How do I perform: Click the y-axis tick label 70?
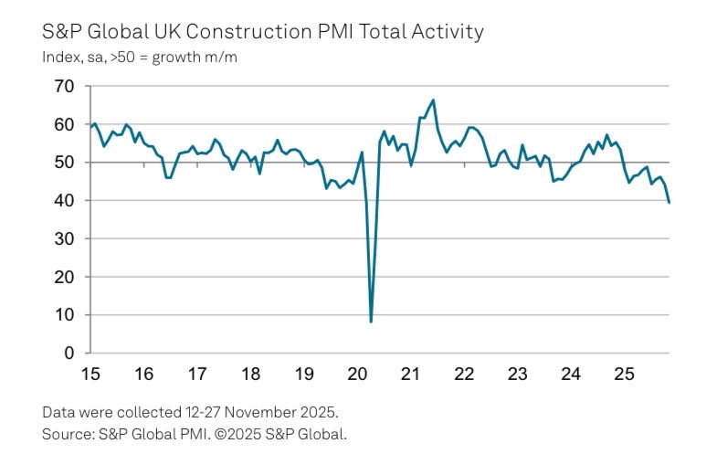point(62,87)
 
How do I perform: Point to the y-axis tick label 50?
point(62,163)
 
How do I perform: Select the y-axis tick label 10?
point(62,315)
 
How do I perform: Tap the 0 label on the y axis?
point(68,353)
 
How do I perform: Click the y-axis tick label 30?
point(62,238)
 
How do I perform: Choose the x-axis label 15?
point(90,374)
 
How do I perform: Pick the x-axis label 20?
point(357,374)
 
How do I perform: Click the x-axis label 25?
point(624,374)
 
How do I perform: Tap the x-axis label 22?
point(464,374)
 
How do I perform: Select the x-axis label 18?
point(250,374)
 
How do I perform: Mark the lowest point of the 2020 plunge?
point(371,322)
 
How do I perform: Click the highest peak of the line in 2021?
point(433,100)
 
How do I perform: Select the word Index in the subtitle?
point(59,56)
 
